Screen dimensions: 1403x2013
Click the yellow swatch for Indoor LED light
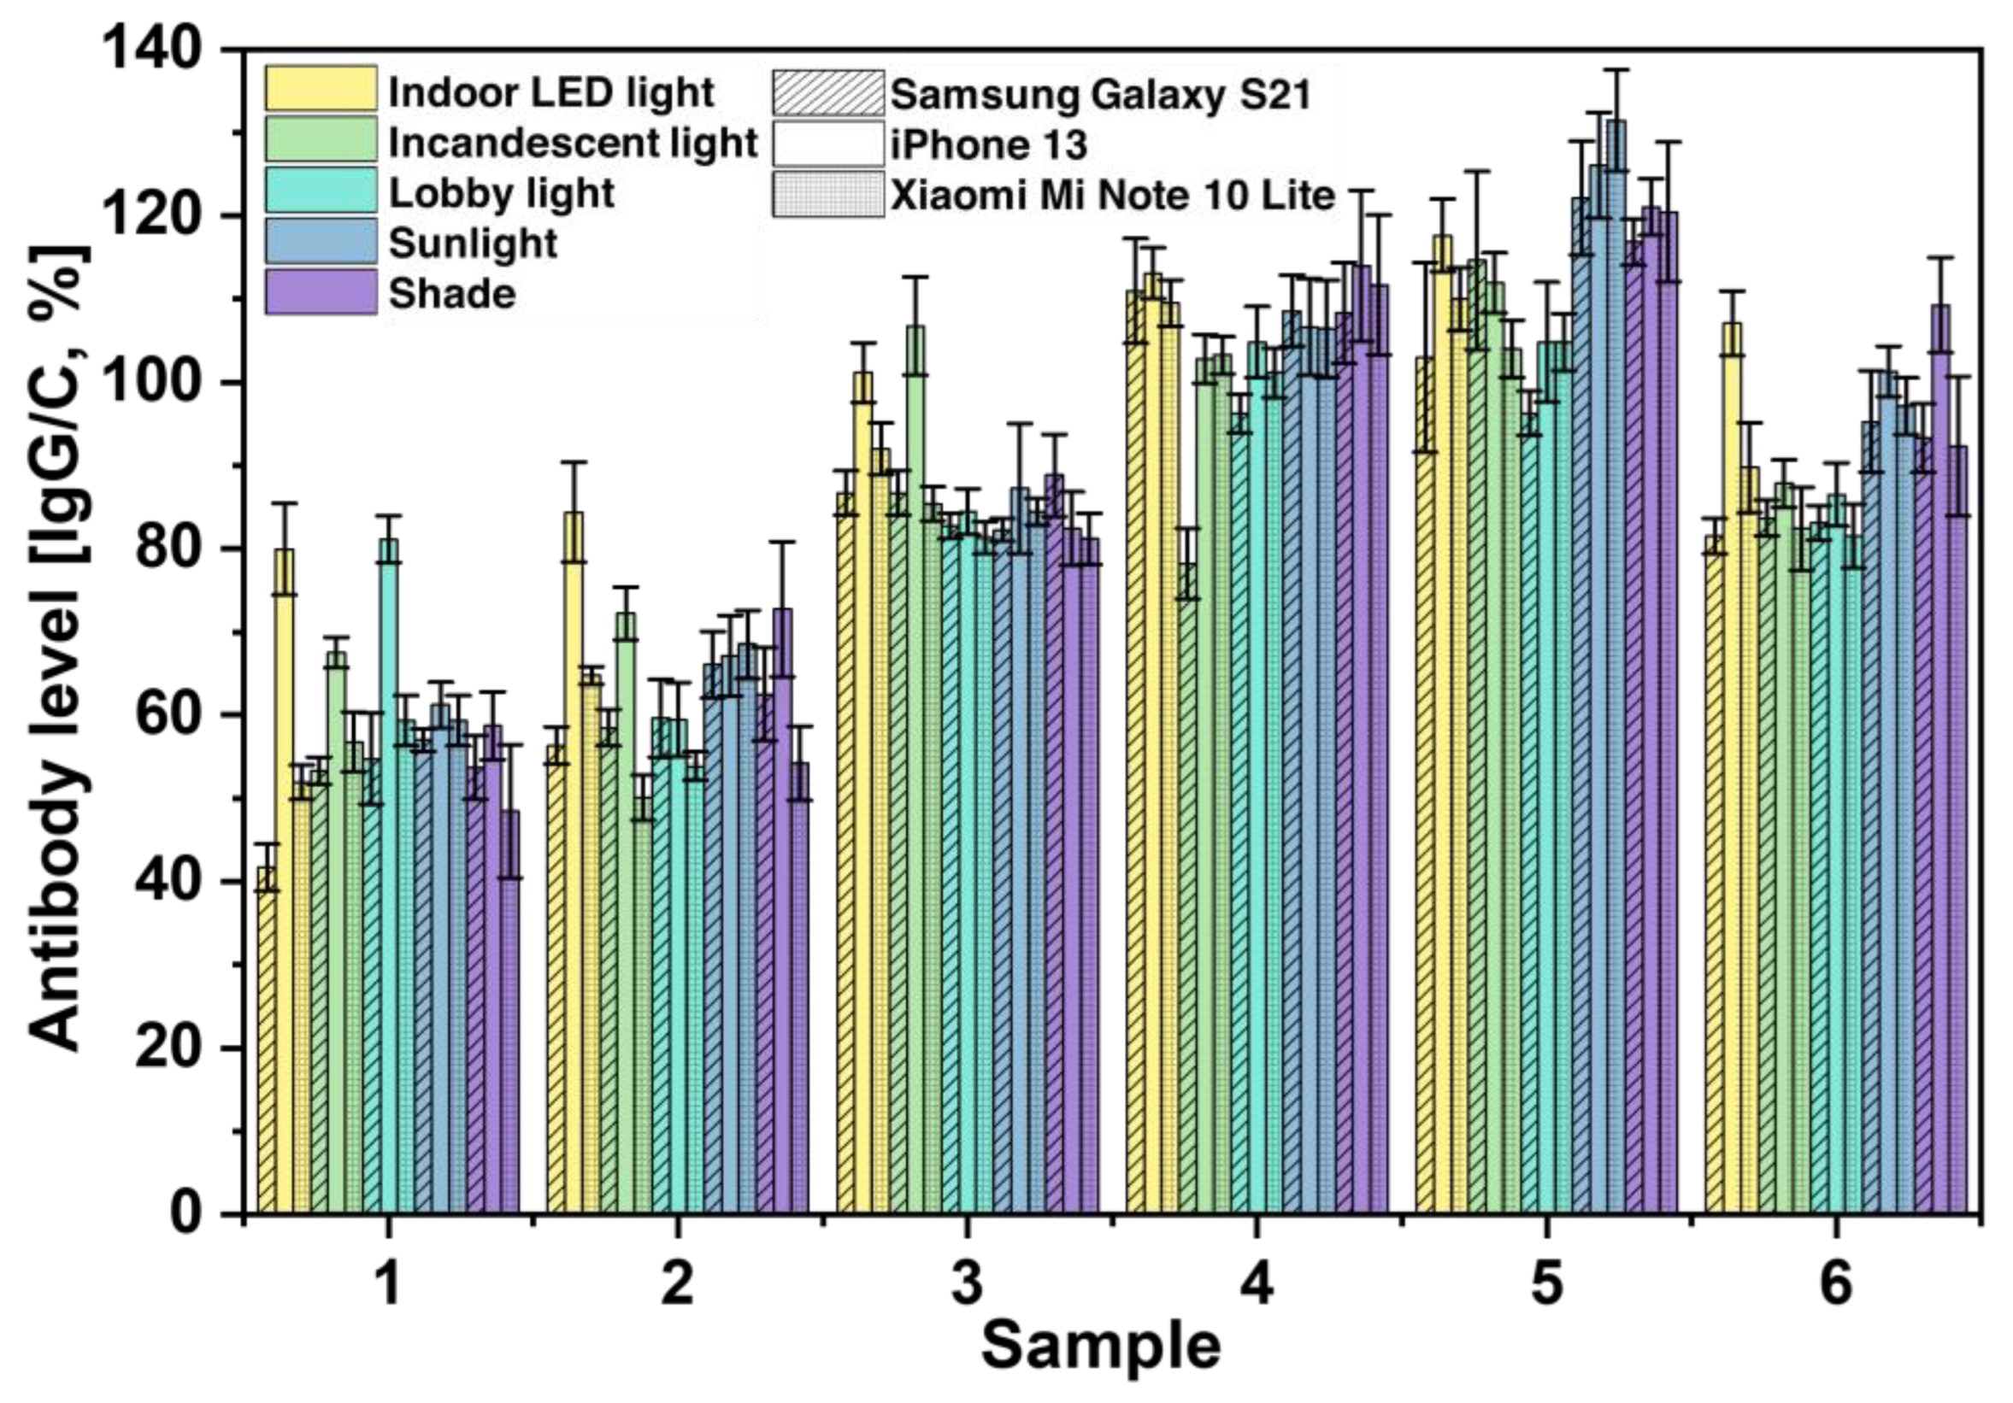321,89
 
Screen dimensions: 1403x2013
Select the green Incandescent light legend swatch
321,139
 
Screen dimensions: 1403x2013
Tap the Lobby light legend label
502,194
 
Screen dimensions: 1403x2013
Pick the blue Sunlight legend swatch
321,240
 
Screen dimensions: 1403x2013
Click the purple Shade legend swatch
321,291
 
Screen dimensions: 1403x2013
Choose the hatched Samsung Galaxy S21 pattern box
827,93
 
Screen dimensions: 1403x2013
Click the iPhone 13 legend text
989,144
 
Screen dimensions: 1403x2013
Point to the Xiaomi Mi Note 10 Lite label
1113,196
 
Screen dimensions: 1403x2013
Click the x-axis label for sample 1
387,1286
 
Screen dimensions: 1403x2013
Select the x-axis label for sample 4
1257,1286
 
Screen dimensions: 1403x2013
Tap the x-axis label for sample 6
1836,1286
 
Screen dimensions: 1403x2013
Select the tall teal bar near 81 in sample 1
388,877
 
